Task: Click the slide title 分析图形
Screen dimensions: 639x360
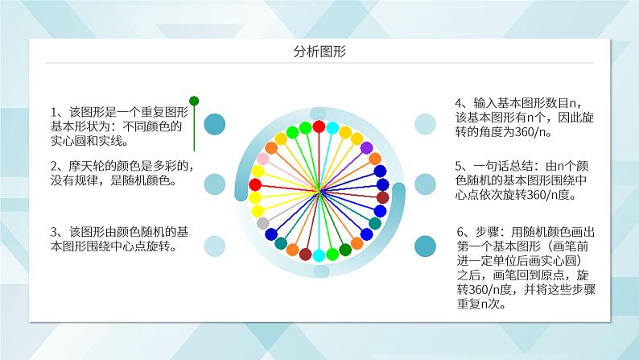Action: tap(319, 52)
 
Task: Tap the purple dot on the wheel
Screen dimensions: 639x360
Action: tap(366, 148)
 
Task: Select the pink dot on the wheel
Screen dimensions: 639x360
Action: tap(263, 159)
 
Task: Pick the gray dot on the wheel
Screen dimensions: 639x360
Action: tap(263, 223)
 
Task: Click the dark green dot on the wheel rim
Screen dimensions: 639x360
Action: tap(345, 250)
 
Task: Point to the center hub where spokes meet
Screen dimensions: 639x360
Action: tap(319, 191)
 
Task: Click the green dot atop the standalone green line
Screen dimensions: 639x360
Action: tap(194, 101)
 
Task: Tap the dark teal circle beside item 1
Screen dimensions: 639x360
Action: tap(214, 124)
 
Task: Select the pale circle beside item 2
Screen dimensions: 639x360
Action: tap(214, 184)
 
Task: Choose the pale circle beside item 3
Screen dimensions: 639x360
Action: tap(214, 246)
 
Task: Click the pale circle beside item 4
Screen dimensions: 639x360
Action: tap(425, 124)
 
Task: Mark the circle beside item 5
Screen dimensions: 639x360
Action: tap(425, 184)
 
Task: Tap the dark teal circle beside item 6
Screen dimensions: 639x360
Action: tap(425, 246)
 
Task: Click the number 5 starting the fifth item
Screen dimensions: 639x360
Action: tap(458, 166)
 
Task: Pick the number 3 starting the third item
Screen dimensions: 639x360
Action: tap(54, 232)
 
